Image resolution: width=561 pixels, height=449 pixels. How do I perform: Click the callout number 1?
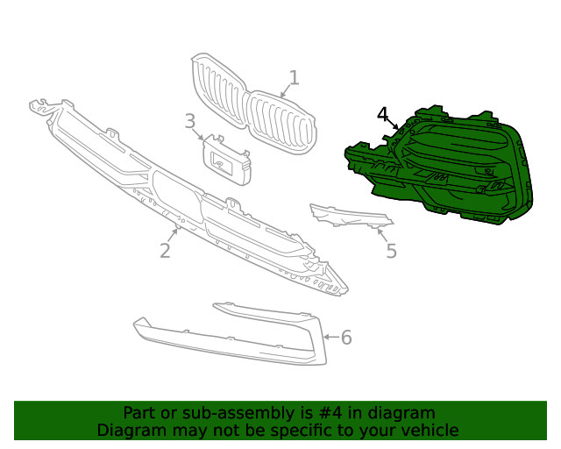(x=295, y=78)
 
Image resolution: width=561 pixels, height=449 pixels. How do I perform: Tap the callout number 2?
(x=165, y=251)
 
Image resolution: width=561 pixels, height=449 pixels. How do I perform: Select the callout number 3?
(x=190, y=121)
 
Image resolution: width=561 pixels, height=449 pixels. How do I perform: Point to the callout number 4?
(x=383, y=115)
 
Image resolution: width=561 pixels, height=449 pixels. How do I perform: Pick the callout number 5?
(x=391, y=251)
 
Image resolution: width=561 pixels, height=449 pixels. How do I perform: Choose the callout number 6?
(x=345, y=337)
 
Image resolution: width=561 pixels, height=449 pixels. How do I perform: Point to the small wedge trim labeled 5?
(x=346, y=216)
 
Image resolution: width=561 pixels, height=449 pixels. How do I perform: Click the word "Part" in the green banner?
(x=139, y=413)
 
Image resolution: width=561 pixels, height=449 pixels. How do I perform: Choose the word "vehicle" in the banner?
(x=427, y=431)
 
